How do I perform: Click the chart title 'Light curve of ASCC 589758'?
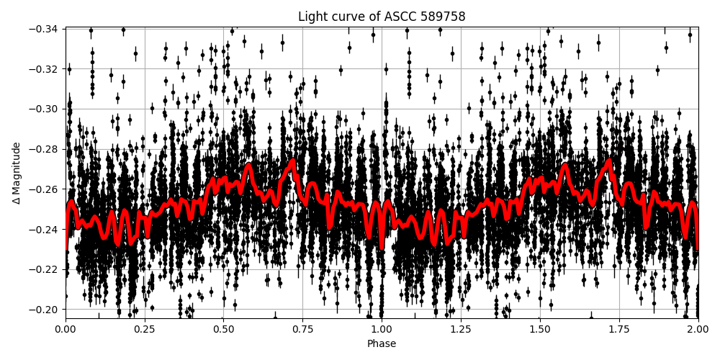point(382,17)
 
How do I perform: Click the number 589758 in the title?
point(444,17)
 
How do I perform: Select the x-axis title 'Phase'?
point(382,344)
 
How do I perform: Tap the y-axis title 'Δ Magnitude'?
point(17,173)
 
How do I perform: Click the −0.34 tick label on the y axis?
point(45,29)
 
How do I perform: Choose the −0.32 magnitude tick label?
point(45,69)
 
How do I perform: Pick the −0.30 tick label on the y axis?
point(45,109)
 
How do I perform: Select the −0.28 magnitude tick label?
point(45,149)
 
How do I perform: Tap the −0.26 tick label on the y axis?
point(45,189)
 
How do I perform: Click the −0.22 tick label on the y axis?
point(45,269)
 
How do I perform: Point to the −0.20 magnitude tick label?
point(45,310)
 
